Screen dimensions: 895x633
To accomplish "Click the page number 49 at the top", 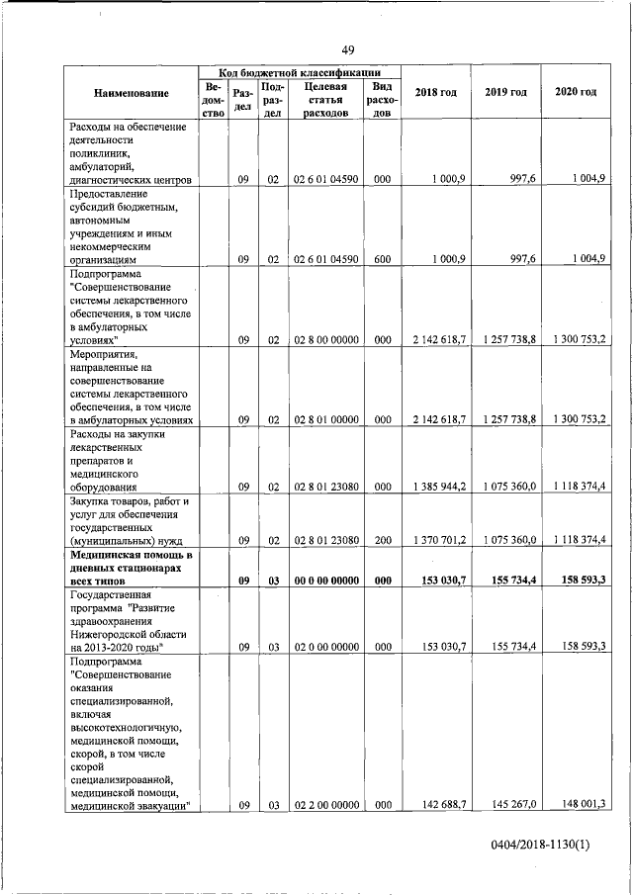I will click(347, 50).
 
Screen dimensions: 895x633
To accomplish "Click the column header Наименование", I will click(131, 93).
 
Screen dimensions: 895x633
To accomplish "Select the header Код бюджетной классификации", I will click(299, 73).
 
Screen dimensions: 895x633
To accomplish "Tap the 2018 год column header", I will click(436, 92).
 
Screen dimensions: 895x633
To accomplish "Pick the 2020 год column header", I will click(576, 92).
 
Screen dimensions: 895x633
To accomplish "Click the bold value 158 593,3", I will click(579, 581).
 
